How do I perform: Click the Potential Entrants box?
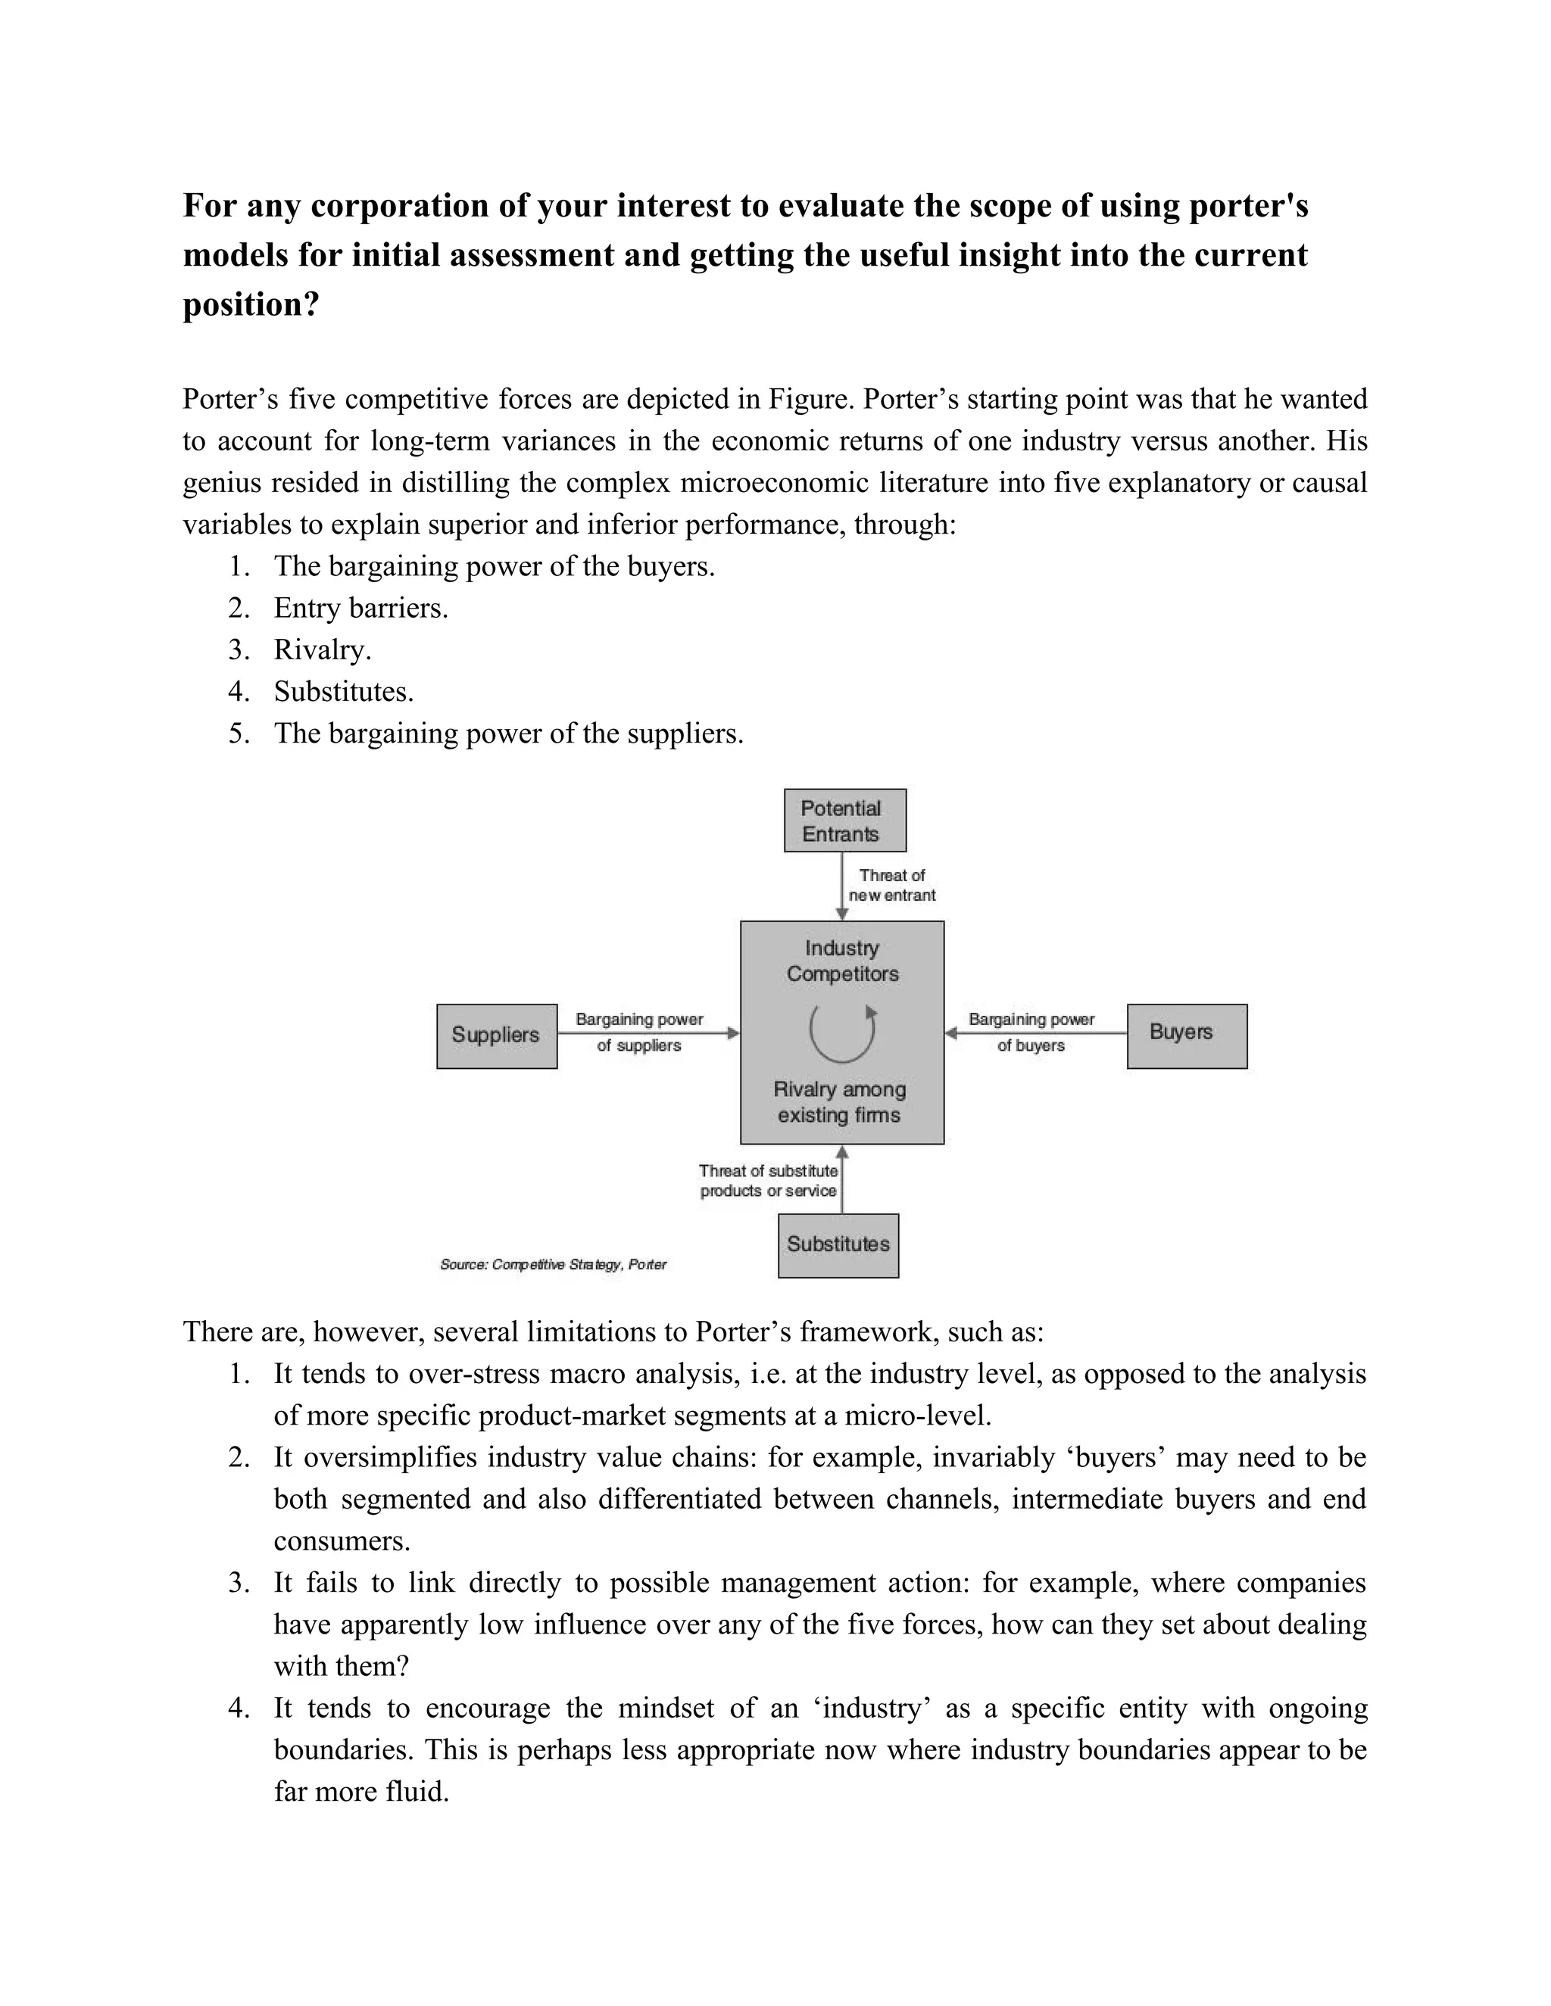pos(844,821)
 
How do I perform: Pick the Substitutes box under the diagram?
pos(838,1244)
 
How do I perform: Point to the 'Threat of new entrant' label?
pos(891,886)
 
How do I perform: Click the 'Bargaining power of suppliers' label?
pos(638,1032)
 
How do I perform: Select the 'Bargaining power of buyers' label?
pos(1031,1032)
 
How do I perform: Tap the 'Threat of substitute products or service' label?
pos(768,1180)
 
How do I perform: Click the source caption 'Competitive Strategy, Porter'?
pos(553,1265)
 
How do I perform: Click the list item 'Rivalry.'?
pos(323,650)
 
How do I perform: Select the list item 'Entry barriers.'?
pos(360,608)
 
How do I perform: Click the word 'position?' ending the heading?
pos(251,304)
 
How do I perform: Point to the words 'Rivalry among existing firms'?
pos(840,1102)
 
